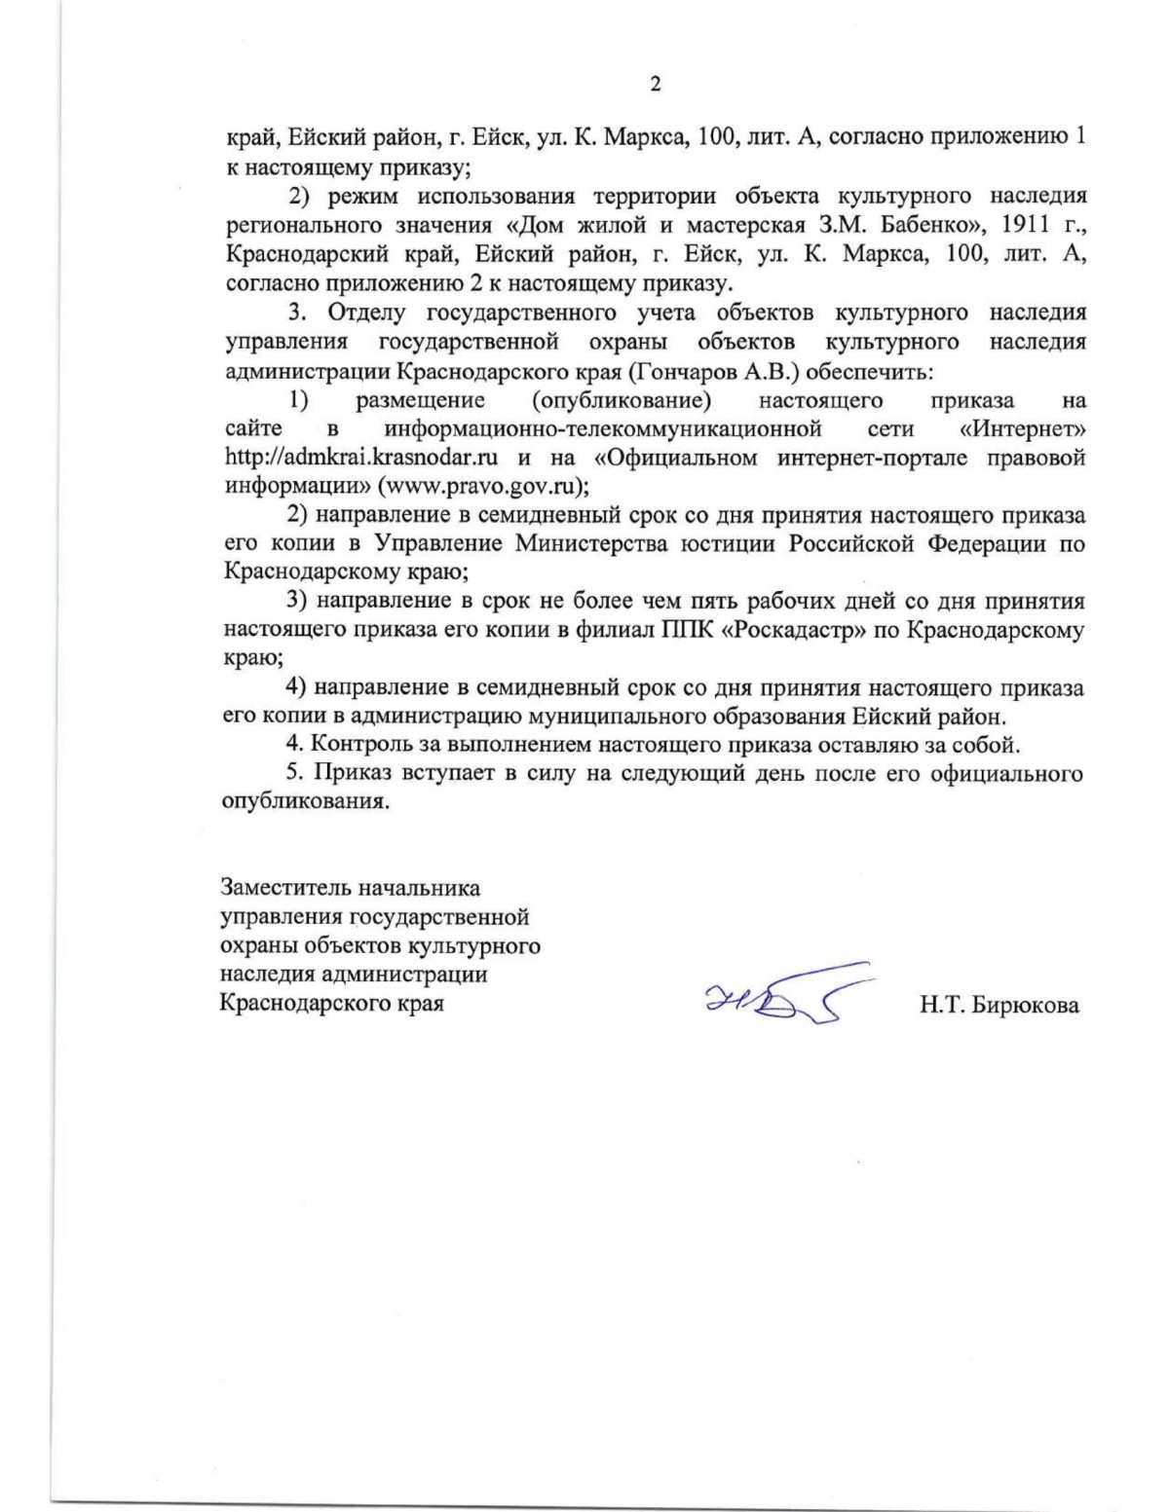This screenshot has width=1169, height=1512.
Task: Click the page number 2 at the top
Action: click(x=655, y=85)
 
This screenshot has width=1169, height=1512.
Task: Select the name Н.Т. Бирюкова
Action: click(x=999, y=1006)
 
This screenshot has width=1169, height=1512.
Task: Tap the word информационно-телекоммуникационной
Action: click(x=602, y=429)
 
